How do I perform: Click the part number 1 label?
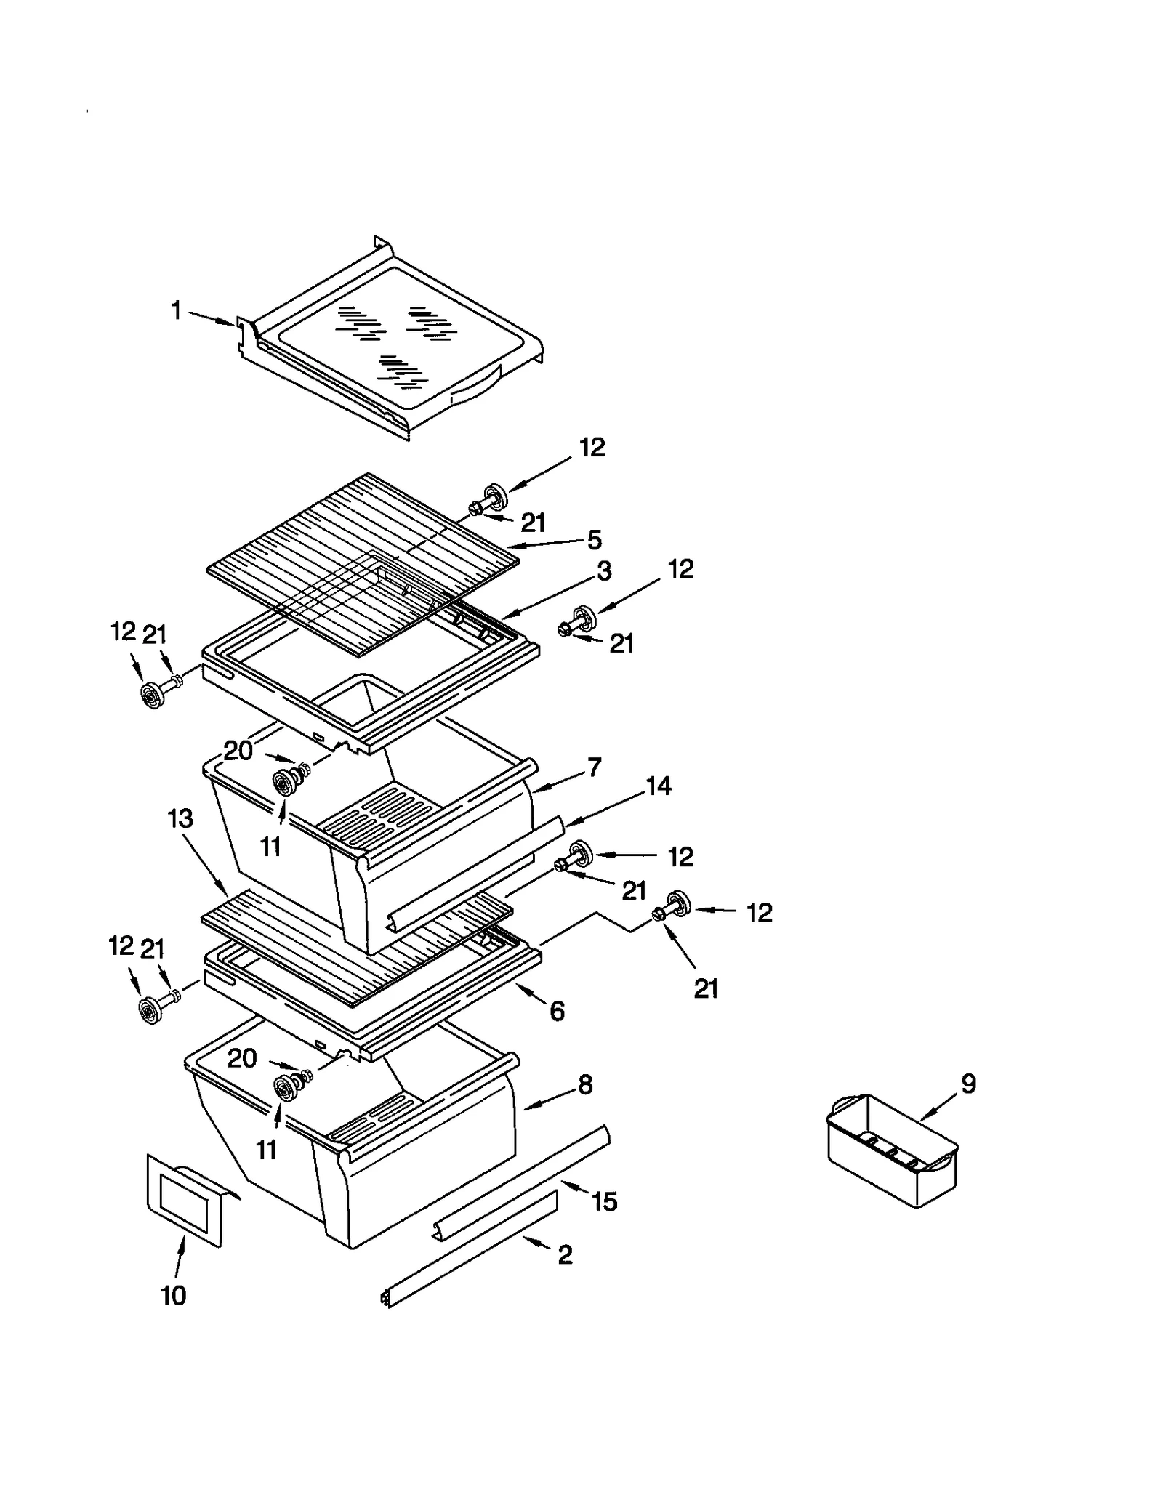click(176, 311)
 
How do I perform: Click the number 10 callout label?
click(173, 1295)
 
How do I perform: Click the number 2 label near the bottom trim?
click(565, 1254)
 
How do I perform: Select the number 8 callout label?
click(585, 1085)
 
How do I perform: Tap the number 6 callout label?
click(557, 1011)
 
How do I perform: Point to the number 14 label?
click(659, 786)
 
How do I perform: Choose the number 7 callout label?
click(595, 767)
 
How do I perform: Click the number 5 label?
click(595, 539)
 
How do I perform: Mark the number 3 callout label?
click(604, 571)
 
